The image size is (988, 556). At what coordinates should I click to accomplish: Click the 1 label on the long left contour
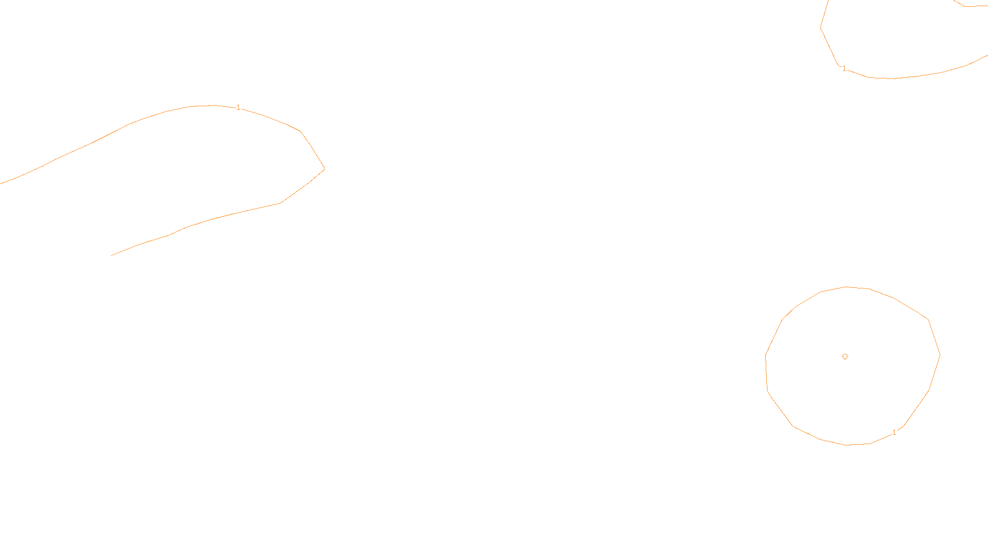click(x=239, y=107)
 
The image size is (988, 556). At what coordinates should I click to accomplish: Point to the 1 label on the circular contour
click(x=894, y=432)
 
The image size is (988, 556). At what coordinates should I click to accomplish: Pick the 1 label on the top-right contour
click(x=844, y=69)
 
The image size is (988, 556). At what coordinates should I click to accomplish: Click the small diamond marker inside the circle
click(x=845, y=356)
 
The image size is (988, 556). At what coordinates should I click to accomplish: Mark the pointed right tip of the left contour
click(x=324, y=169)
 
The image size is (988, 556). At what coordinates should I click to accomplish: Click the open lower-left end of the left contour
click(x=112, y=255)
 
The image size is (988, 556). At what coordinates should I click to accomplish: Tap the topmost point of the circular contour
click(x=847, y=287)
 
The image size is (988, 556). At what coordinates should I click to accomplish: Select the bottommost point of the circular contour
click(x=847, y=445)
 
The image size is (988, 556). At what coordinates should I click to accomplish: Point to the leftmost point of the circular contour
click(x=766, y=356)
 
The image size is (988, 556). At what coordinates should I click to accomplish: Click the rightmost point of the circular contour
click(x=940, y=355)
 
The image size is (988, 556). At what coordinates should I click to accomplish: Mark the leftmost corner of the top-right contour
click(x=821, y=27)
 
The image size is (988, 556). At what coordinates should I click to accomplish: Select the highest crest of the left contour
click(x=213, y=105)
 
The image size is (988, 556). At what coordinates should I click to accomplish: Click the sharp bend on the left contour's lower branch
click(x=280, y=203)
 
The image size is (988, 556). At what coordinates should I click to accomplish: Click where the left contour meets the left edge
click(x=1, y=183)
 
